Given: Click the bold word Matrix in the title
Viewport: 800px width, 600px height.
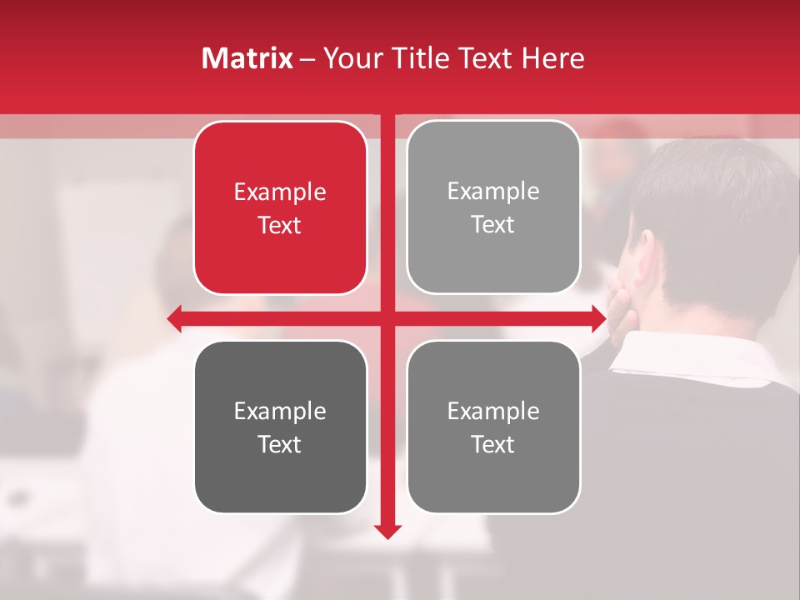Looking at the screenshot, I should (x=247, y=58).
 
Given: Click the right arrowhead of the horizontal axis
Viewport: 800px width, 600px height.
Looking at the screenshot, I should (x=597, y=318).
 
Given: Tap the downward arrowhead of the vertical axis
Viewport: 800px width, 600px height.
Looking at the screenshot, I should (x=387, y=531).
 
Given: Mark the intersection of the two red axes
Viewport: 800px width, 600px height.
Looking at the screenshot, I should (x=387, y=318).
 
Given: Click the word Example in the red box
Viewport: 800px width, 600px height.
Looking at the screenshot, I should (x=280, y=192).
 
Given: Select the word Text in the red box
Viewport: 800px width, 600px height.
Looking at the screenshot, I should (x=280, y=225).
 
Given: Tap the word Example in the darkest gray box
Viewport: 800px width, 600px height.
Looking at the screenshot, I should (x=280, y=411).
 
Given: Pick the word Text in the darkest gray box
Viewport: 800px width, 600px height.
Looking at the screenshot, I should (x=280, y=444).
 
